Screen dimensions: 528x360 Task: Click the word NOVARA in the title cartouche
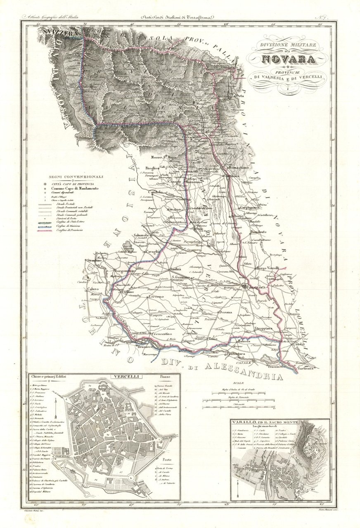288,59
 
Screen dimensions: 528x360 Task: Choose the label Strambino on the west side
94,260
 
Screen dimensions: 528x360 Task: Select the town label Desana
223,312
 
